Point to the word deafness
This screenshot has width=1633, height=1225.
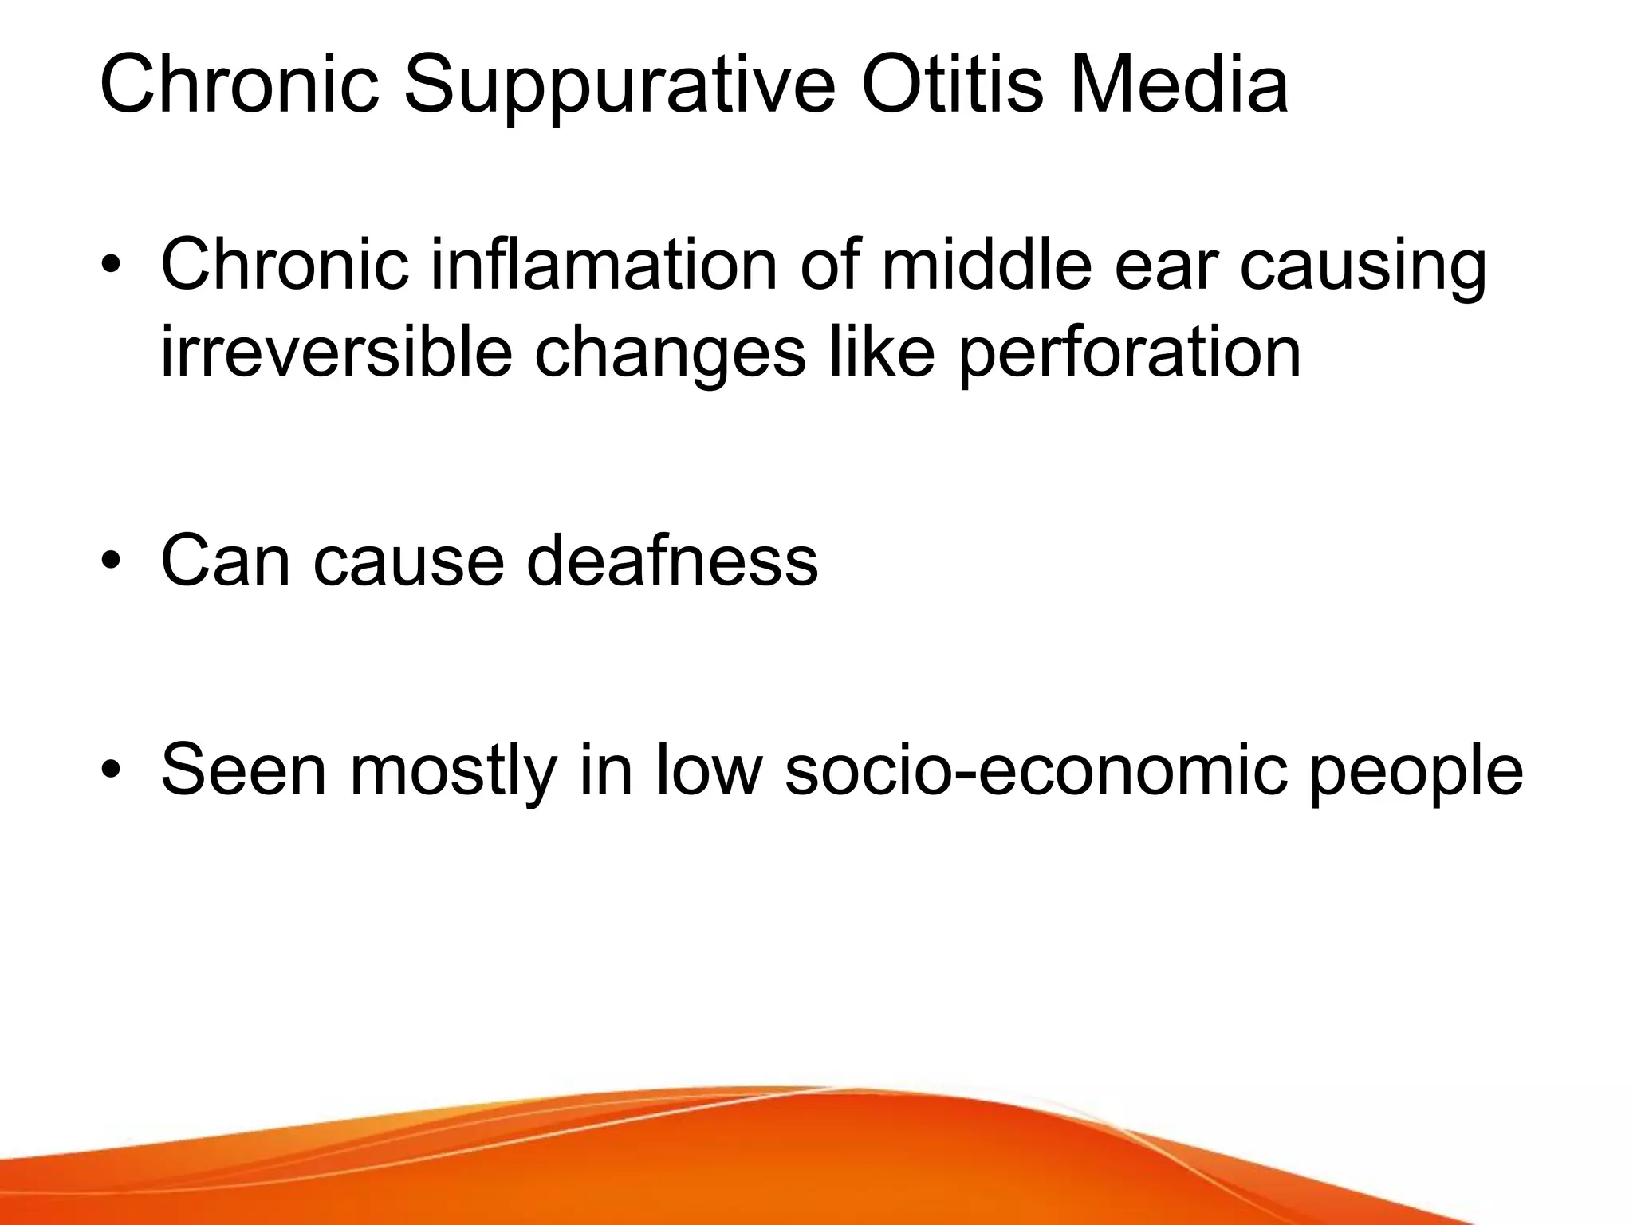coord(671,561)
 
